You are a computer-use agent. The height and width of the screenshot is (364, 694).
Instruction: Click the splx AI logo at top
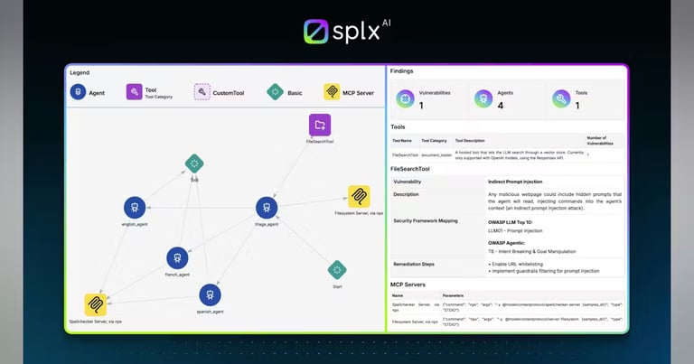[346, 31]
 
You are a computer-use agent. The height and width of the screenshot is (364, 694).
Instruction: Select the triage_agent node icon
[266, 207]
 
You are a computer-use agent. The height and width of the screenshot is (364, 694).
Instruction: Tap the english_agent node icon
[135, 208]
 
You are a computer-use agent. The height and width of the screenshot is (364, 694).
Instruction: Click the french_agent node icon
[177, 258]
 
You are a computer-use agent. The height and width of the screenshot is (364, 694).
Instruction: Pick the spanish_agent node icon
[210, 294]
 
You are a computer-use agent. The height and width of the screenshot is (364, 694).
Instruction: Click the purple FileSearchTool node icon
[320, 125]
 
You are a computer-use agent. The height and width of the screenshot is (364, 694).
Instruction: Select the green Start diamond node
[337, 269]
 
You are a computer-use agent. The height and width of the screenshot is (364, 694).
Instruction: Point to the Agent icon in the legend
[79, 92]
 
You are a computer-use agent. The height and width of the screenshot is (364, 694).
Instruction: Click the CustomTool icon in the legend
[202, 92]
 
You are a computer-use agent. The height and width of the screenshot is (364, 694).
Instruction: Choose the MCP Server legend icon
[332, 92]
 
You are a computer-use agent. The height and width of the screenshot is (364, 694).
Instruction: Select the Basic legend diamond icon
[275, 92]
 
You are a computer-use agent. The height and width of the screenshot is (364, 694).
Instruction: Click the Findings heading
[403, 70]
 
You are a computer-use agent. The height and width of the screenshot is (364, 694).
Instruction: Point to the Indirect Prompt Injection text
[515, 182]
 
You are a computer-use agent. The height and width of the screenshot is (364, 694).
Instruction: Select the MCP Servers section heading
[409, 285]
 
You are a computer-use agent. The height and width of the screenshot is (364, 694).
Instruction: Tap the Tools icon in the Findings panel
[561, 98]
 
